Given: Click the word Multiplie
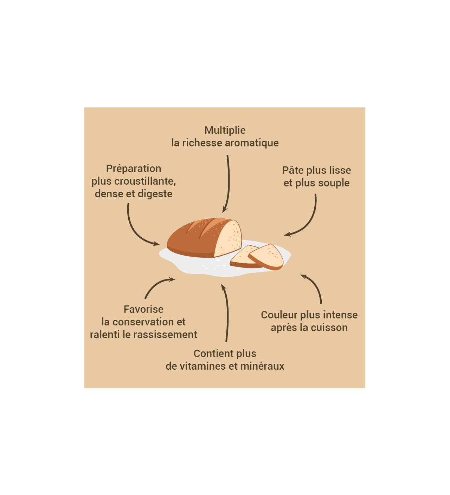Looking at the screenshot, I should (225, 130).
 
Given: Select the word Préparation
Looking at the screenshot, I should (134, 169).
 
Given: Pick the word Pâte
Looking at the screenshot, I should (293, 170).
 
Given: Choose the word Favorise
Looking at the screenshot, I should (143, 309).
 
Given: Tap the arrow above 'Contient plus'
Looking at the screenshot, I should (226, 312).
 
